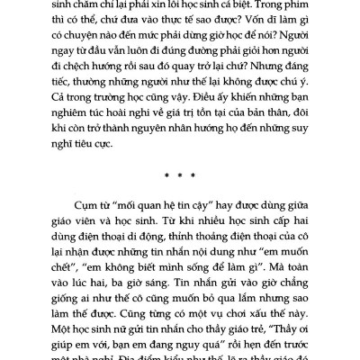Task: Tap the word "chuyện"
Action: [82, 44]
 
